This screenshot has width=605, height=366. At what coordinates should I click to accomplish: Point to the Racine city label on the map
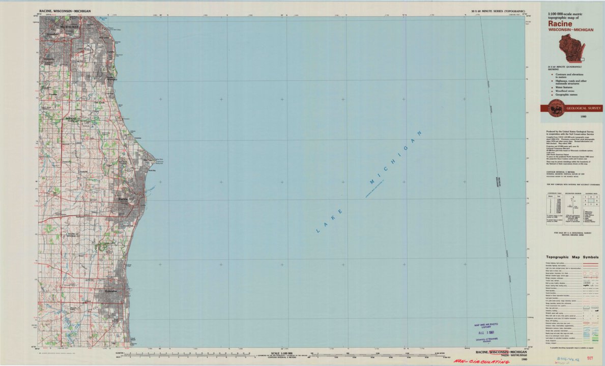click(x=123, y=200)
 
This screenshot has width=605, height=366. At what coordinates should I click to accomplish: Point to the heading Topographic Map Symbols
click(x=572, y=258)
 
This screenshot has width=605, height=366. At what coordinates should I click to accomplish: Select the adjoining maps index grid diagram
click(x=590, y=200)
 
